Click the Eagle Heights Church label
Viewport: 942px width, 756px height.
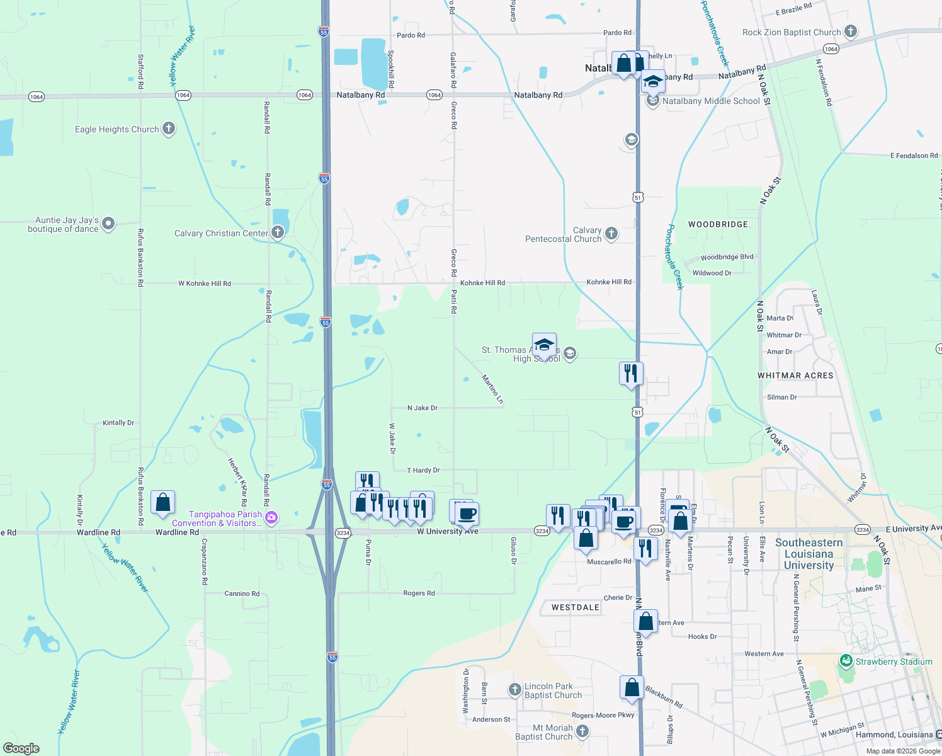pos(116,129)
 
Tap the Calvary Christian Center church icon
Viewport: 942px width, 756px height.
pos(277,232)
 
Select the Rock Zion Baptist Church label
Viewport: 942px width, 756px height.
pos(791,32)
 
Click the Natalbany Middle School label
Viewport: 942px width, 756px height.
pos(711,101)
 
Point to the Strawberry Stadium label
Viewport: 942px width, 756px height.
pos(894,661)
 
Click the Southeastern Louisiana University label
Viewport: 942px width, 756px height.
pos(809,554)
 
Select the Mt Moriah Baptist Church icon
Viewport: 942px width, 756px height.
pos(582,731)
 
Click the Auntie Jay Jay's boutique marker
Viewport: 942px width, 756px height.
pos(108,223)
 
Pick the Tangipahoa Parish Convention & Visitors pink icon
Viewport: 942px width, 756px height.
pos(271,518)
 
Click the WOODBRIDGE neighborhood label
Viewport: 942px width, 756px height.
pos(718,224)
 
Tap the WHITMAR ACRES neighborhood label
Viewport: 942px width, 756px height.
pos(795,375)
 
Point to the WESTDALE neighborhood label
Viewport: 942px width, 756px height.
pos(576,607)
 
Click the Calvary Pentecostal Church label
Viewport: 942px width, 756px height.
pos(564,234)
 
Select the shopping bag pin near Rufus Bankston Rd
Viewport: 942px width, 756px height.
pos(162,503)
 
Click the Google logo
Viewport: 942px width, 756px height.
pos(21,748)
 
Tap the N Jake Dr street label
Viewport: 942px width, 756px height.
pos(422,408)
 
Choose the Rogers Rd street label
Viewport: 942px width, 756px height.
pos(419,593)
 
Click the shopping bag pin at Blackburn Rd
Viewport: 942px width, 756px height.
pos(632,687)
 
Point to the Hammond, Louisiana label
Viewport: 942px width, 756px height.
pos(894,735)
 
